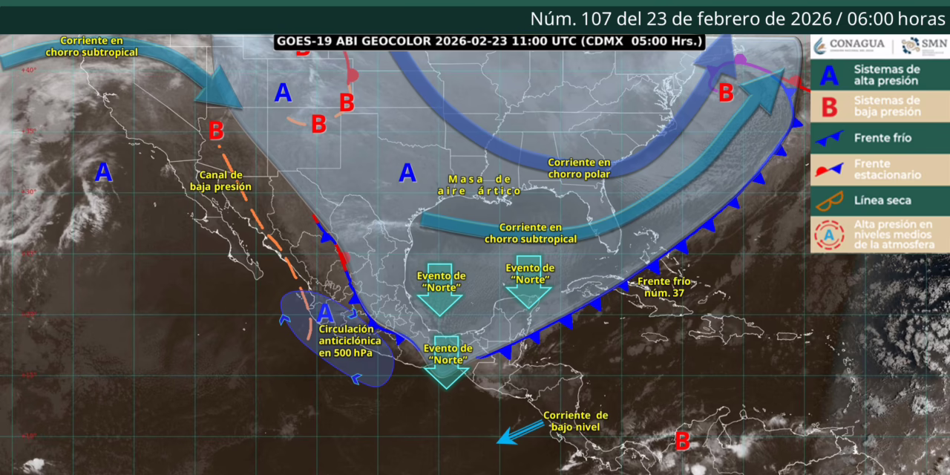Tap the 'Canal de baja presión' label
(x=221, y=180)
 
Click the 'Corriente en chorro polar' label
(x=579, y=168)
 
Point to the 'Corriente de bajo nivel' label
(x=575, y=421)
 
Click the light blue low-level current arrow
(x=521, y=433)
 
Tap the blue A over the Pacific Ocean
(x=103, y=173)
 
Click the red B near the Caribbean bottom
(x=681, y=441)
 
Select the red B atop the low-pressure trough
(x=216, y=131)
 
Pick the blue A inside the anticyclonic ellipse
(x=325, y=313)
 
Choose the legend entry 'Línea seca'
(x=882, y=200)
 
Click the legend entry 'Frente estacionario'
(x=888, y=169)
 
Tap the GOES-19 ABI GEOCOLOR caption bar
(x=489, y=42)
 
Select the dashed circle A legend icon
(x=830, y=234)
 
